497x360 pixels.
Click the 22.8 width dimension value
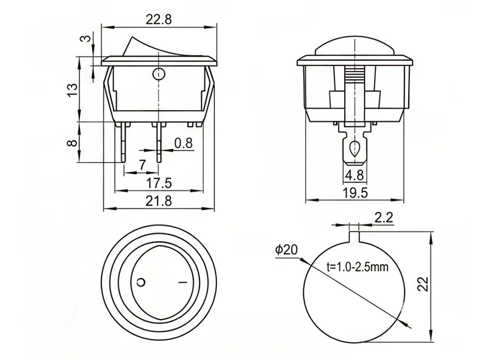pos(158,19)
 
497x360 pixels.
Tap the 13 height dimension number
pos(73,90)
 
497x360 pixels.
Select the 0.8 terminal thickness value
pos(183,143)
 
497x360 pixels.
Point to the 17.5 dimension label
pos(158,183)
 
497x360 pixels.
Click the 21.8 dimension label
pos(158,201)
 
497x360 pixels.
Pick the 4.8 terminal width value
pos(355,175)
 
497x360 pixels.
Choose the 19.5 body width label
pos(355,192)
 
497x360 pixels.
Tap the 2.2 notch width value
pos(383,218)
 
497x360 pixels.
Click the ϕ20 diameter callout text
pos(286,249)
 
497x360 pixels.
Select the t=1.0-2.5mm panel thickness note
pos(358,267)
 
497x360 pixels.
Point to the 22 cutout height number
pos(424,284)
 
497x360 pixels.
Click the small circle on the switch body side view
pos(158,74)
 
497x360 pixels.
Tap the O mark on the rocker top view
pos(141,282)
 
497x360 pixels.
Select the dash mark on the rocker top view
pos(183,282)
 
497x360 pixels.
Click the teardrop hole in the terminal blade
pos(354,148)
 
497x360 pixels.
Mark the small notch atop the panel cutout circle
pos(354,237)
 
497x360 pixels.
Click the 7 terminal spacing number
pos(142,165)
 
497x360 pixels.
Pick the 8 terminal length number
pos(73,142)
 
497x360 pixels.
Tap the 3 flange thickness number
pos(86,39)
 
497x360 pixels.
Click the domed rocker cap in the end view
pos(355,46)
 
